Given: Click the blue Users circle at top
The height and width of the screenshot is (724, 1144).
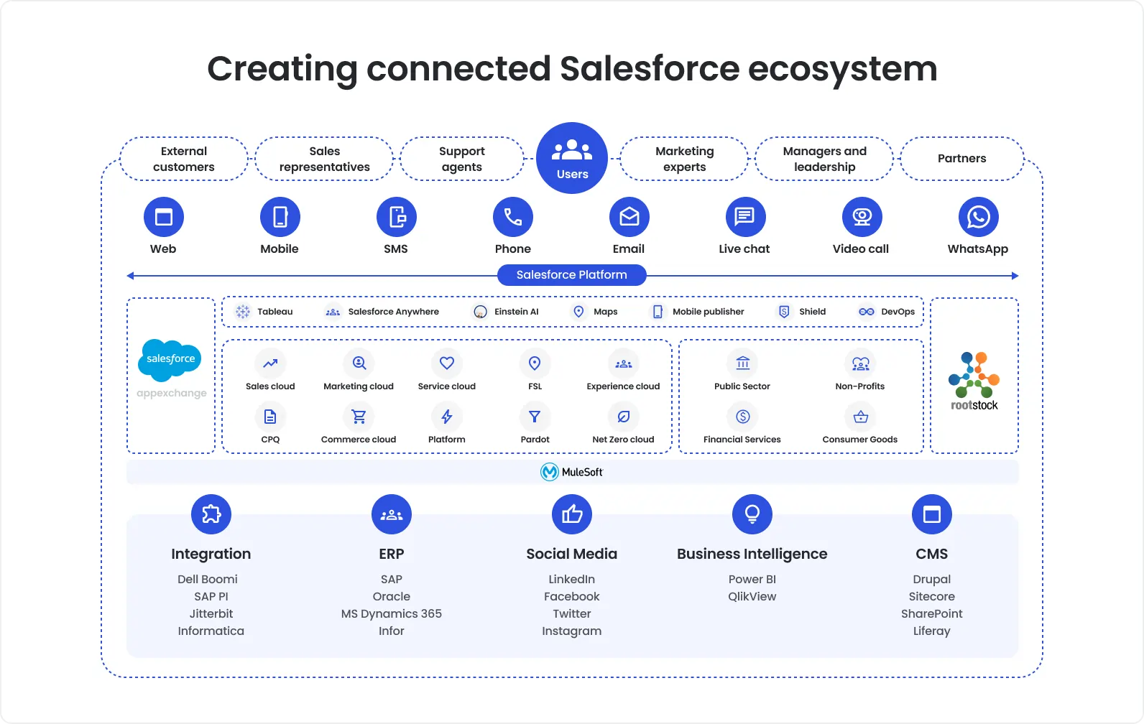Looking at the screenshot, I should click(572, 158).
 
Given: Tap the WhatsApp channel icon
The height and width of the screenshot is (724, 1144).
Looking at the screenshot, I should click(978, 217).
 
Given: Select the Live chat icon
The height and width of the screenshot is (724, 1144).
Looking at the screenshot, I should click(744, 217).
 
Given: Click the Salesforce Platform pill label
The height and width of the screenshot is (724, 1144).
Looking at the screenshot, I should click(572, 275).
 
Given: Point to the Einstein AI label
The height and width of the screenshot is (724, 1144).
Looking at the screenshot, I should click(516, 312).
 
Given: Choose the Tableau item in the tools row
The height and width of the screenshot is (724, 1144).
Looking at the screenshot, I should click(266, 312).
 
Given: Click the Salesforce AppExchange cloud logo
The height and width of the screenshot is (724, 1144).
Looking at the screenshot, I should click(170, 359).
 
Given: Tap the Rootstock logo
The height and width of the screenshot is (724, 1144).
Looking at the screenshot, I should click(974, 381).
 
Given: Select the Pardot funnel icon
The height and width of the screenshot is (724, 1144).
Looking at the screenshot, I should click(535, 417).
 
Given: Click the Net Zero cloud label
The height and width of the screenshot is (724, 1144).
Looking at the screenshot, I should click(623, 440).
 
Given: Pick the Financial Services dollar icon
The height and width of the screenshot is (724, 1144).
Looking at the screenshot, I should click(742, 417).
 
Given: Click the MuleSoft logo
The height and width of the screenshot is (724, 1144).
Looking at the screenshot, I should click(572, 472).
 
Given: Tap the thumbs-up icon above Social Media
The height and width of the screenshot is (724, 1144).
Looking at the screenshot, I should click(572, 514).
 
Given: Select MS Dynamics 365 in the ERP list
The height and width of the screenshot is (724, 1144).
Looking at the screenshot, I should click(392, 614).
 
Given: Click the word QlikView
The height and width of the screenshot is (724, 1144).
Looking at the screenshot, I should click(752, 597).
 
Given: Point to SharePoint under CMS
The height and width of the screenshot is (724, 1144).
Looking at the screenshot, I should click(932, 614).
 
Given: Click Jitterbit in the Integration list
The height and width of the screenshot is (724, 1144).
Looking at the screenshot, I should click(211, 614).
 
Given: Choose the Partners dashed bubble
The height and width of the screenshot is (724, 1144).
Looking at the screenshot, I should click(961, 159).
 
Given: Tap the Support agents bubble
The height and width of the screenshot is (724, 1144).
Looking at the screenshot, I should click(462, 159).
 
